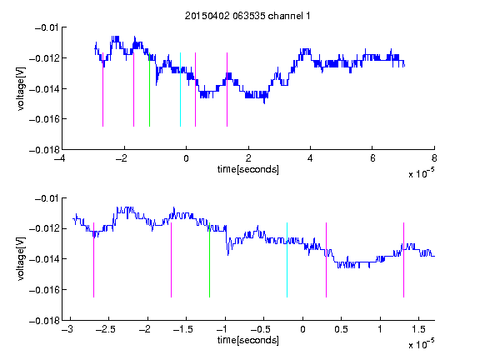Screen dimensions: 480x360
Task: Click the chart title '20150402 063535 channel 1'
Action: tap(247, 16)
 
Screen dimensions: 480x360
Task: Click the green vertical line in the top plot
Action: tap(149, 90)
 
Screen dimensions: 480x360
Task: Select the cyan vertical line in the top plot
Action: tap(180, 90)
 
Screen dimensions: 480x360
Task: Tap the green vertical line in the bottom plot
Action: tap(209, 260)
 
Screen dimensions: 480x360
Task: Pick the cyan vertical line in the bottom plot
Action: tap(287, 260)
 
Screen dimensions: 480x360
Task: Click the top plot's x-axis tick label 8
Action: tap(434, 158)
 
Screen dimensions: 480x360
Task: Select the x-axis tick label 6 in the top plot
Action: tap(372, 158)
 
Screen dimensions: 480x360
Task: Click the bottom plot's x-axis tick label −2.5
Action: tap(105, 329)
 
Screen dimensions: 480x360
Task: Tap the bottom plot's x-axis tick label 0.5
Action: tap(341, 329)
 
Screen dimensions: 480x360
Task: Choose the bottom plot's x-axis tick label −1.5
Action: tap(182, 329)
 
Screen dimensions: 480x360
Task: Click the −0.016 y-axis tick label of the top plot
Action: tap(44, 119)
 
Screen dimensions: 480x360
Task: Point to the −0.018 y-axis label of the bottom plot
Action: tap(44, 321)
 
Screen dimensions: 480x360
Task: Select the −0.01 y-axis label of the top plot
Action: tap(47, 27)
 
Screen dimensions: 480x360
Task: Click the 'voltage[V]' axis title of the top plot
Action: tap(21, 89)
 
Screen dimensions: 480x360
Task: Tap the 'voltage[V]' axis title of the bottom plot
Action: tap(21, 259)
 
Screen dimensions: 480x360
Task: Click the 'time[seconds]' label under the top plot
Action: tap(248, 169)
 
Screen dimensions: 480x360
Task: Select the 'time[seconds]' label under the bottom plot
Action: tap(248, 340)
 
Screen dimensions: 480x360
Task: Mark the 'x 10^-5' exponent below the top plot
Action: tap(421, 173)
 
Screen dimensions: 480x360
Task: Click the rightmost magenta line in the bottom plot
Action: tap(403, 260)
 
